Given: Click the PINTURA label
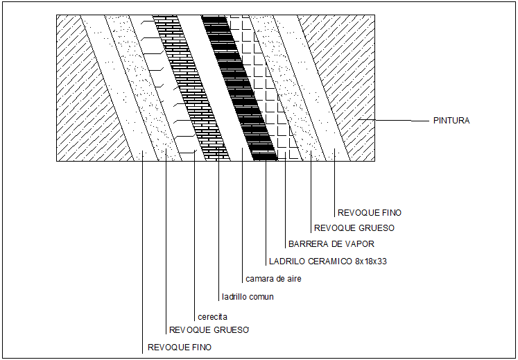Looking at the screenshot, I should click(x=451, y=121).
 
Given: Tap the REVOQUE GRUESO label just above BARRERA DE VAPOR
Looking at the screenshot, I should click(x=354, y=228).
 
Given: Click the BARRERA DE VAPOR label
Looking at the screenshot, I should click(x=331, y=244).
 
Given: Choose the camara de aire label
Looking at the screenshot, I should click(x=273, y=279).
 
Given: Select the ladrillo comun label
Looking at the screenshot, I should click(x=248, y=297).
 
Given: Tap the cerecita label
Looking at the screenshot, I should click(x=212, y=316).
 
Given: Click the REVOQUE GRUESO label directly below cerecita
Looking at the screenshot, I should click(x=209, y=329).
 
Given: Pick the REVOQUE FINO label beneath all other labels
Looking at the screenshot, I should click(x=180, y=347).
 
